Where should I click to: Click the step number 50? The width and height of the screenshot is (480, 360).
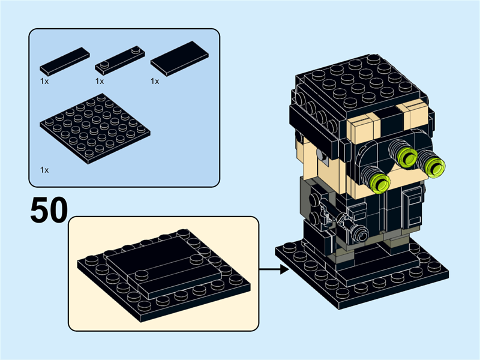[x=48, y=211]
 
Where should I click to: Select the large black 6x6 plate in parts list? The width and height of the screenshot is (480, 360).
[x=95, y=129]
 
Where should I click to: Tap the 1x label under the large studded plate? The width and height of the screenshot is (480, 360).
[x=44, y=170]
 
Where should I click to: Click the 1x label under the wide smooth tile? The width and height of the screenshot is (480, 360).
[x=155, y=81]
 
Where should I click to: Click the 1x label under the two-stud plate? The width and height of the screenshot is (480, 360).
[x=100, y=81]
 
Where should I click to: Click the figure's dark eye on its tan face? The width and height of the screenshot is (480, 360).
[x=323, y=158]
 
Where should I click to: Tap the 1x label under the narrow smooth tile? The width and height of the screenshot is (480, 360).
[x=44, y=81]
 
